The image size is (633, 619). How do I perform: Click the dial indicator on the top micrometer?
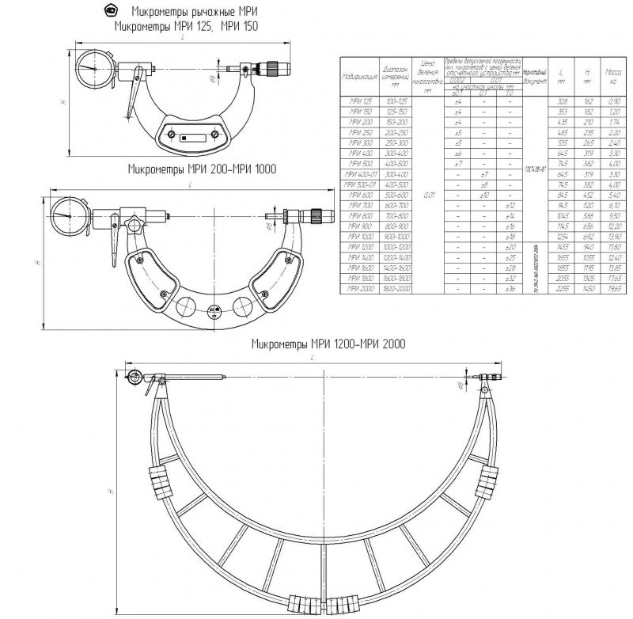(x=94, y=67)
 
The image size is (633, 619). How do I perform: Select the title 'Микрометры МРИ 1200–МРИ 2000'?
(x=328, y=344)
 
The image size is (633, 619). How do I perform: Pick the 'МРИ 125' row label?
(x=359, y=102)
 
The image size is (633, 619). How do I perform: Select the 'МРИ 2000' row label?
(x=359, y=289)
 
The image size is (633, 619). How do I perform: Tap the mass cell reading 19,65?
(x=613, y=289)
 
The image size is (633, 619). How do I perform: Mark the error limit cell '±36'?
(x=510, y=289)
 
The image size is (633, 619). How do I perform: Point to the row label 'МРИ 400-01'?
(x=359, y=174)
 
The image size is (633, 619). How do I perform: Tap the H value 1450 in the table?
(x=588, y=289)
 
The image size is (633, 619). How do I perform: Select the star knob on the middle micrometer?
(x=314, y=215)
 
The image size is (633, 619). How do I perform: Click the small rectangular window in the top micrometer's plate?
(x=184, y=136)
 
